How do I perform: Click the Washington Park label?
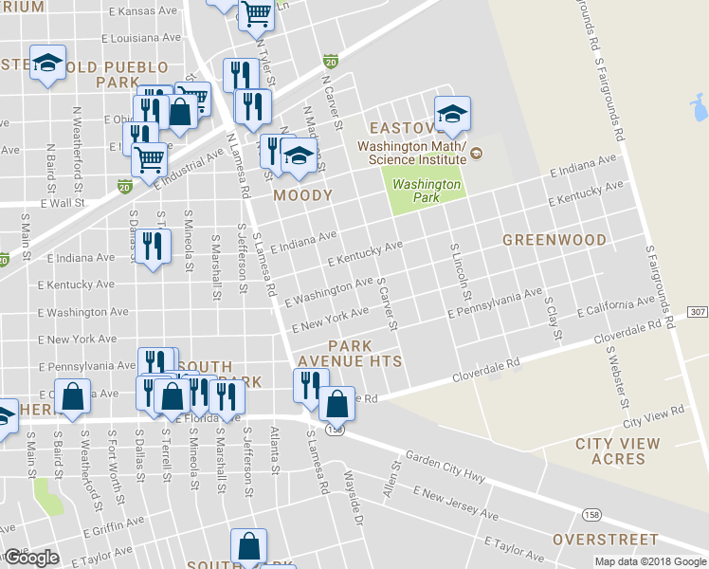[x=426, y=192]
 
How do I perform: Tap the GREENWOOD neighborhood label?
[x=554, y=240]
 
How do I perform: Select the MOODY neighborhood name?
[x=302, y=195]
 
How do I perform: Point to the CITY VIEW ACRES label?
[x=617, y=451]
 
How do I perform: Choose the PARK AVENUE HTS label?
[x=350, y=353]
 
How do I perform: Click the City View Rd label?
[x=653, y=415]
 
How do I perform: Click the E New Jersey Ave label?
[x=456, y=503]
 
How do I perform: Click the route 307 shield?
[x=698, y=312]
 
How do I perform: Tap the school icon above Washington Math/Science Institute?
[x=452, y=114]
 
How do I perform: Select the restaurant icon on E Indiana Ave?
[x=152, y=247]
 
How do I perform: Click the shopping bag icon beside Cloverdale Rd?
[x=336, y=403]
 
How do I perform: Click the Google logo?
[x=30, y=558]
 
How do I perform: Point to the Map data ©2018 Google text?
[x=650, y=561]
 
